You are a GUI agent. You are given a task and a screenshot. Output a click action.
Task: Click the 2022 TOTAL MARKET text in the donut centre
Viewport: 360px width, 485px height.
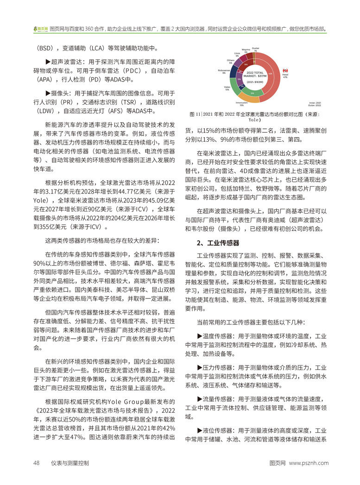[254, 74]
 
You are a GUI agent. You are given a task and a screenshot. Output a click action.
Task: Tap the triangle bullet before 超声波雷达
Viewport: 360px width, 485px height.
[48, 62]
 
